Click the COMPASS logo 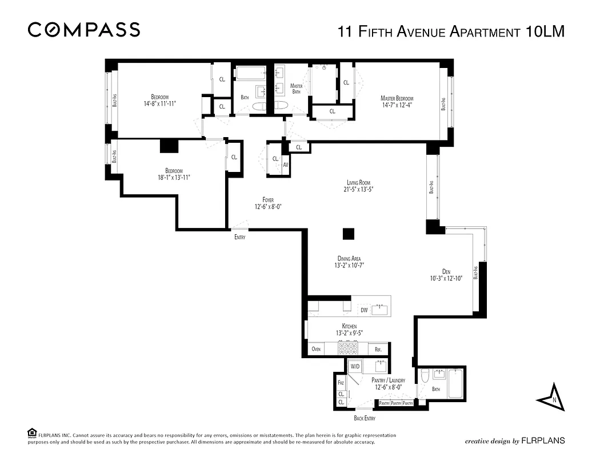click(84, 30)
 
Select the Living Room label click(359, 182)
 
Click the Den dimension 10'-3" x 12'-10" click(446, 278)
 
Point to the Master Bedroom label click(397, 98)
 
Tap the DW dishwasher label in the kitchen click(364, 310)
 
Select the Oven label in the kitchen click(316, 348)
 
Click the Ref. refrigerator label click(378, 348)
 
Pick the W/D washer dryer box click(355, 366)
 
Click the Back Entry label click(365, 419)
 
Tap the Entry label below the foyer click(239, 237)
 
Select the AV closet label click(286, 165)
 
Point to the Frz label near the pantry click(341, 383)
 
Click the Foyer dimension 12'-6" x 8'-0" click(268, 207)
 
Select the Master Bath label click(296, 89)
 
